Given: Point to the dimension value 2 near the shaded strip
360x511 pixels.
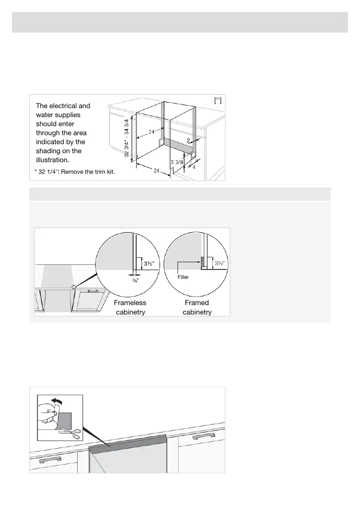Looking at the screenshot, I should (188, 140).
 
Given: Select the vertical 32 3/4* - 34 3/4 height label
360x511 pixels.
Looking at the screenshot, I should (127, 133).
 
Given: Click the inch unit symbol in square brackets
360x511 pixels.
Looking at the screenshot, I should (218, 100).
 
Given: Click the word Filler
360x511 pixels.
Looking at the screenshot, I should (183, 277).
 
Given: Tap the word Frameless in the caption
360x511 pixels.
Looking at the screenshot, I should (130, 303).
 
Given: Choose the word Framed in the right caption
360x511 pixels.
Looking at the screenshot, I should (197, 303).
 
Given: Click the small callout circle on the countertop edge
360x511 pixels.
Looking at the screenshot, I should (74, 287).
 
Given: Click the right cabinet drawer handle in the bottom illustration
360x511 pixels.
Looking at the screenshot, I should (203, 437).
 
